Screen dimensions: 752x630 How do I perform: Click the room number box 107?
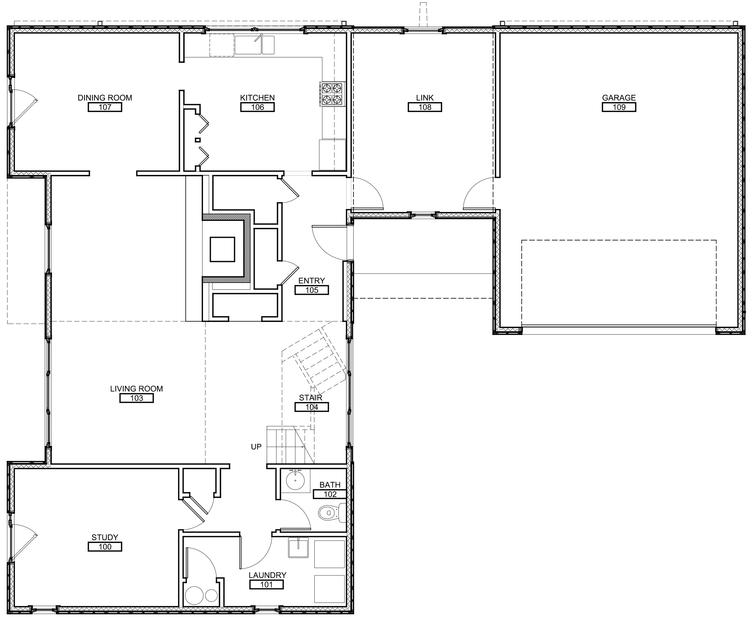(105, 107)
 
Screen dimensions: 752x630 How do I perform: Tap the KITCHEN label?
(257, 98)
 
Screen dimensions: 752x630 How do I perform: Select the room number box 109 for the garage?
(619, 107)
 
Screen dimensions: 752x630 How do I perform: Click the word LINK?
(425, 98)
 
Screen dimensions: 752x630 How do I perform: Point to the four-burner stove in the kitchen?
(332, 94)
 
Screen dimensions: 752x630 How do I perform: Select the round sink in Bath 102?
(295, 480)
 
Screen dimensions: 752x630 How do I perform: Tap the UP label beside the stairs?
(256, 447)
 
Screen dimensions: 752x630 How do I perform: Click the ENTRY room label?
(311, 281)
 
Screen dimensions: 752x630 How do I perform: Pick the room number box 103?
(136, 398)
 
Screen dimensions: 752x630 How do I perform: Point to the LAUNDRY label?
(268, 575)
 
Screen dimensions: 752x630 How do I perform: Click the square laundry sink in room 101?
(298, 548)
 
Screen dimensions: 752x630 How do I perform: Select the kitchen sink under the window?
(254, 45)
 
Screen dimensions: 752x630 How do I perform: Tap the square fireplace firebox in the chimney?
(222, 249)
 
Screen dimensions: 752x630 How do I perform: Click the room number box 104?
(311, 407)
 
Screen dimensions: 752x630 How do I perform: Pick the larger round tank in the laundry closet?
(194, 595)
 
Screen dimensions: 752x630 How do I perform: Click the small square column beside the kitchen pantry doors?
(198, 140)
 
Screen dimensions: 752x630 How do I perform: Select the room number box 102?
(330, 494)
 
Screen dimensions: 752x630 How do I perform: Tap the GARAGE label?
(619, 98)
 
